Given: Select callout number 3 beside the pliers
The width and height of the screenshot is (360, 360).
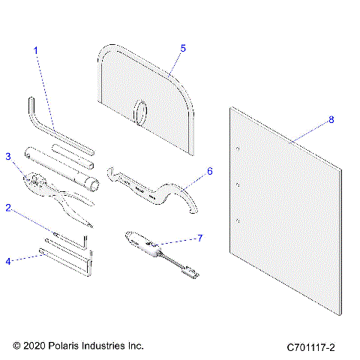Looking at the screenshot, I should [x=9, y=157].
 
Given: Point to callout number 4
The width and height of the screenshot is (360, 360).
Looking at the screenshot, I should [x=9, y=261].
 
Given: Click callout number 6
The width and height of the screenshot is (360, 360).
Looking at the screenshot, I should [x=209, y=171].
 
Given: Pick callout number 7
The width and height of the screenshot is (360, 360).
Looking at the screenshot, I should [x=199, y=238].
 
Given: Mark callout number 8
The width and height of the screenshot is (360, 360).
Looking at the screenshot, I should [x=331, y=120].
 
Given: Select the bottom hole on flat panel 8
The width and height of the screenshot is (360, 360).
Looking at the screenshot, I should [x=238, y=220].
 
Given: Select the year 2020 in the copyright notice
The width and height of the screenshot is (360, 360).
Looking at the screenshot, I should [x=36, y=346].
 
